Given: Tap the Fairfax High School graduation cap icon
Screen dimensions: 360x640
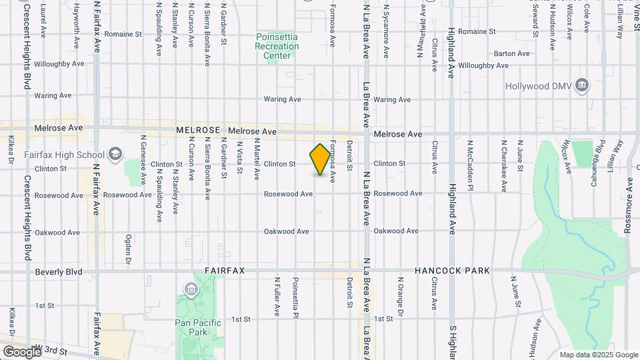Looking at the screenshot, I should [x=116, y=155].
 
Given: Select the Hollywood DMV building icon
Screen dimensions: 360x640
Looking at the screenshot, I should [x=583, y=85].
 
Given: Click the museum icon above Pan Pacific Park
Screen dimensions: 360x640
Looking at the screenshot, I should [x=191, y=289].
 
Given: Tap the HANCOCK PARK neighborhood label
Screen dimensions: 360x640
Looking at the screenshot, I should [x=452, y=271].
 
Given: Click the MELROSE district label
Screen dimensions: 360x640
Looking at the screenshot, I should [x=198, y=131].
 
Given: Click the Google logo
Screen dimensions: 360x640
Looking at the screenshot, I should [x=21, y=351].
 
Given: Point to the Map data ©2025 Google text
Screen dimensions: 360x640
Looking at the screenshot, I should [x=598, y=355].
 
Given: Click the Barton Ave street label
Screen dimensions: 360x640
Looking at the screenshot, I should [x=512, y=53].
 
